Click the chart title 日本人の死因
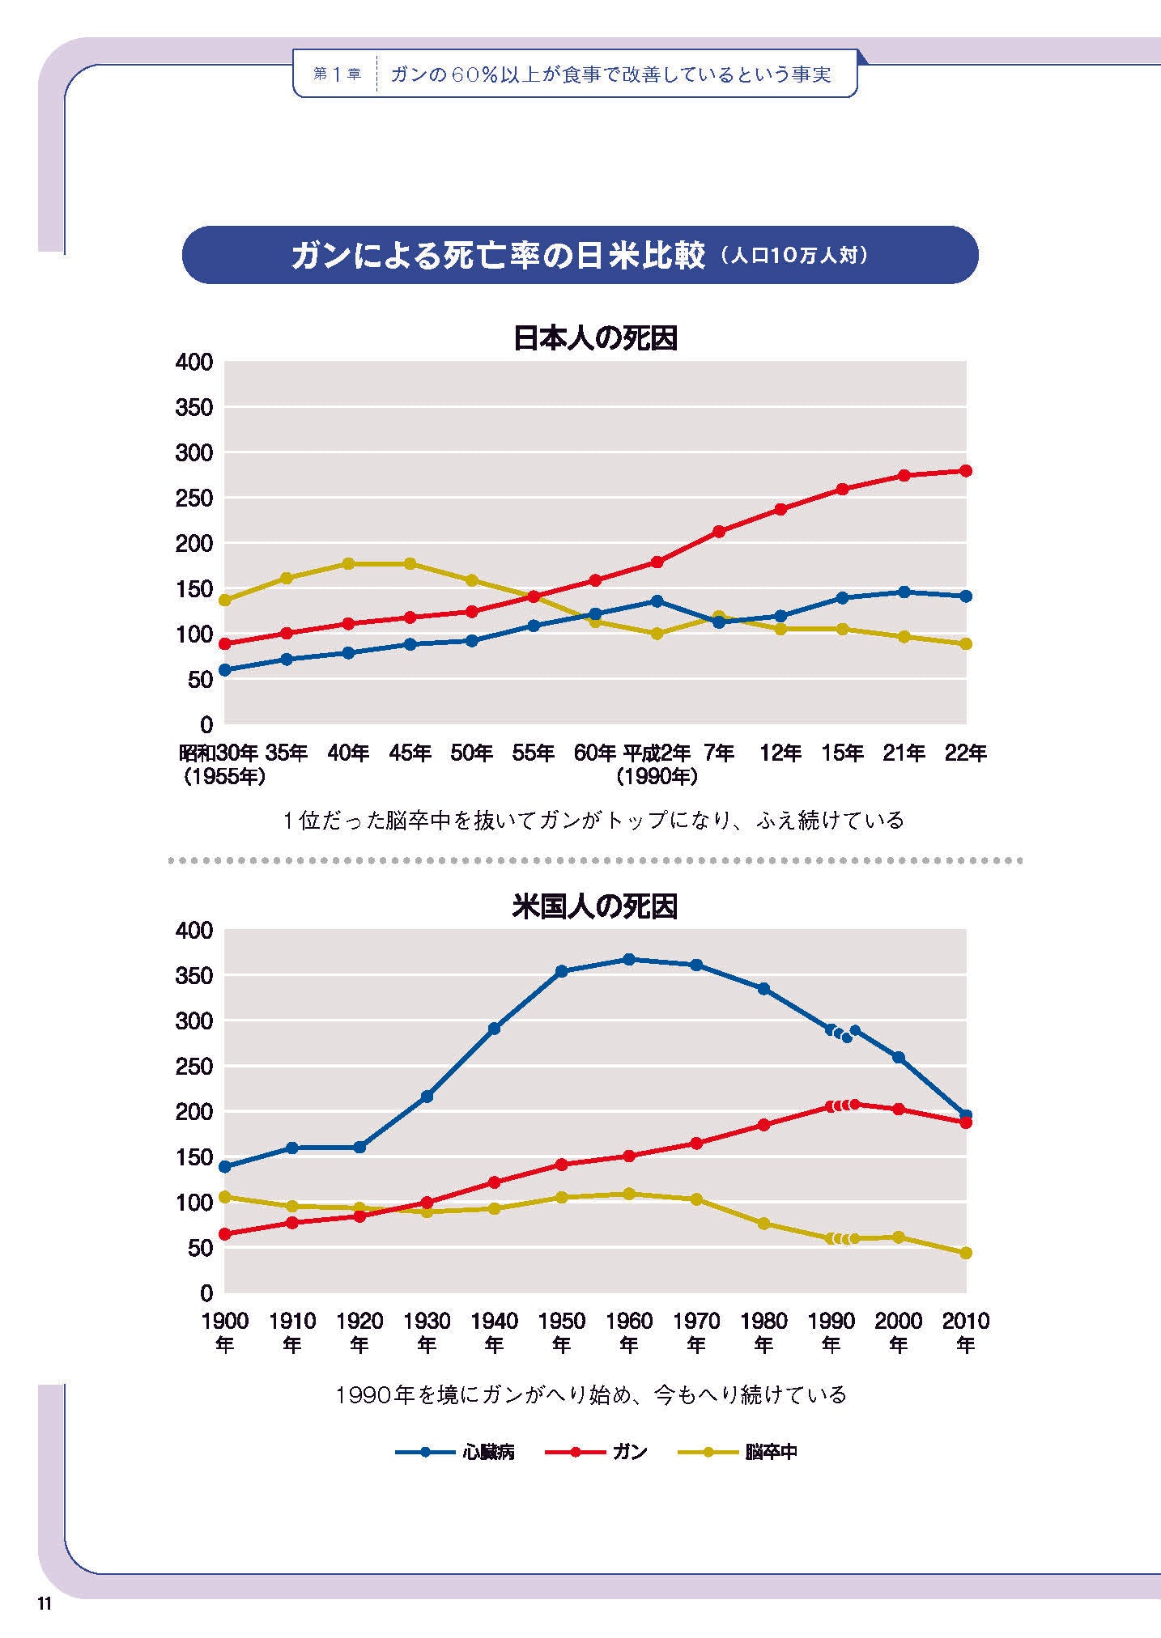(595, 338)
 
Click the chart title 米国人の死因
(595, 906)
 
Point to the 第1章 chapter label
(337, 74)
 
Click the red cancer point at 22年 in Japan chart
(966, 471)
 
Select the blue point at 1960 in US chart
(629, 960)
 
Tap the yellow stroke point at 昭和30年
(225, 600)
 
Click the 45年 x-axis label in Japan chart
(410, 753)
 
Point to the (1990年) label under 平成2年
(657, 777)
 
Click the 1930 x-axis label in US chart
(427, 1322)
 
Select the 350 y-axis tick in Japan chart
(194, 408)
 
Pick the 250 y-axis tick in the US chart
(194, 1067)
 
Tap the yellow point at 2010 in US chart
(966, 1253)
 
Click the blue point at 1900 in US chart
(225, 1166)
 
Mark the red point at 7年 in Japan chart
(718, 532)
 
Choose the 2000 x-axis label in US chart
(898, 1322)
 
